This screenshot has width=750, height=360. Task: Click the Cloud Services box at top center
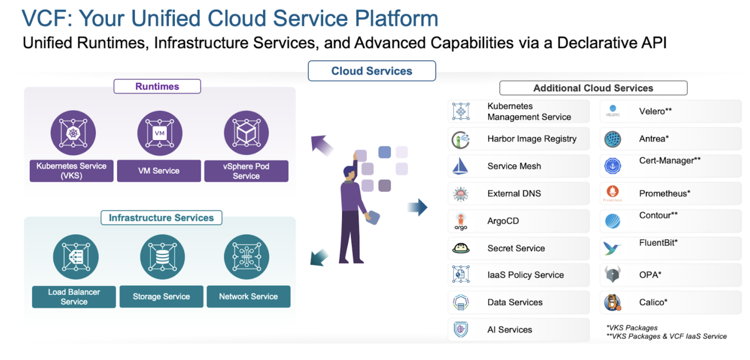(371, 71)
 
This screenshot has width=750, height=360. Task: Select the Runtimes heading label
(157, 86)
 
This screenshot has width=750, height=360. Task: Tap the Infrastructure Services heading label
(161, 218)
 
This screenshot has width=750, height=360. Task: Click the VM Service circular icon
(160, 133)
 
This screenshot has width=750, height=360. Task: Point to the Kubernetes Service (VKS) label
(72, 171)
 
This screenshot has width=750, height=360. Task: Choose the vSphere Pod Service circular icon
(246, 133)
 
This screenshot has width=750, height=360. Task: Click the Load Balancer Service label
(74, 297)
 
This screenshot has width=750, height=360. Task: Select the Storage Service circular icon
(162, 257)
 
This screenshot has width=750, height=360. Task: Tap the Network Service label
(248, 297)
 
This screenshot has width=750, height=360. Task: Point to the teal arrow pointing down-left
(319, 258)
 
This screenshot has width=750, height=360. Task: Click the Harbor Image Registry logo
(461, 140)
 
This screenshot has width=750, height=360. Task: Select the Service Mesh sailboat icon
(460, 166)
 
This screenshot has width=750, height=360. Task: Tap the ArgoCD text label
(503, 221)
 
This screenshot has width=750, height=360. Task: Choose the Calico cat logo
(612, 302)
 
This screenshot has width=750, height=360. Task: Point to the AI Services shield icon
(461, 329)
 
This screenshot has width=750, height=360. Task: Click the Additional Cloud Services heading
(593, 88)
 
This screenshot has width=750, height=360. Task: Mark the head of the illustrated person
(349, 172)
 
